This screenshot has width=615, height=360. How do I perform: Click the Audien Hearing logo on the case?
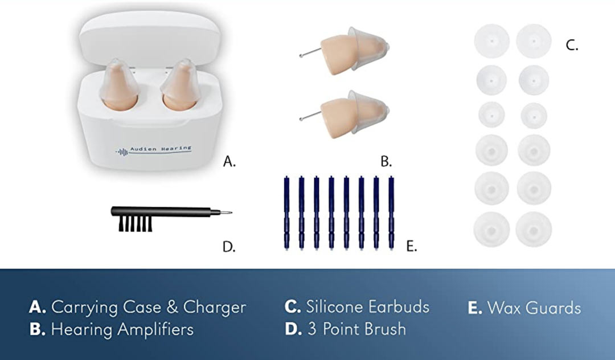click(x=153, y=150)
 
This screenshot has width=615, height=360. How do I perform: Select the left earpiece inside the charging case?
click(x=120, y=84)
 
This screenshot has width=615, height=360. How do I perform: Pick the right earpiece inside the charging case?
click(x=181, y=84)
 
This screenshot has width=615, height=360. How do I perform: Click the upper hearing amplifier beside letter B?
click(x=345, y=51)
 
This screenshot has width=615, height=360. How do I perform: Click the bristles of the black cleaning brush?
click(x=136, y=224)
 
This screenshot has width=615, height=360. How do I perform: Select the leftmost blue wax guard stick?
click(x=286, y=212)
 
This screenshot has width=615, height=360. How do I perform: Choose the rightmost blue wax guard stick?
click(x=391, y=212)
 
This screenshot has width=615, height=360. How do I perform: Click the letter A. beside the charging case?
click(x=229, y=161)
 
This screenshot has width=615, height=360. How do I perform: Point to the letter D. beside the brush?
click(x=229, y=247)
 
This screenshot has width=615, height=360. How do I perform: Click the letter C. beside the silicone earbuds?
click(x=572, y=46)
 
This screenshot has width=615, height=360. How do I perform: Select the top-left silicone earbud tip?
click(x=491, y=41)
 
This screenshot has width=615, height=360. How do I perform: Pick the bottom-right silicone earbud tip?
click(x=534, y=230)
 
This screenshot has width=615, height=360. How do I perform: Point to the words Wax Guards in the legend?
click(x=534, y=308)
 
